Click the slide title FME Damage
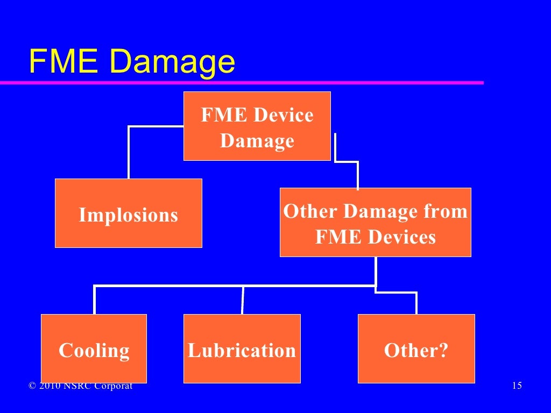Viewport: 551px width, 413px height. (x=132, y=62)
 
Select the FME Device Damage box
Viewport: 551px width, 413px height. (x=257, y=126)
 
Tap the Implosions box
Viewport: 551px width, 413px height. (x=128, y=213)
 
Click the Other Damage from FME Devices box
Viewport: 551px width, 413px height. (x=375, y=223)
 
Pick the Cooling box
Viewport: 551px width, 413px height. (x=94, y=349)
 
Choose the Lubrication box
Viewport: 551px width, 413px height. (x=242, y=349)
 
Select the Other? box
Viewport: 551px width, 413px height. (x=416, y=349)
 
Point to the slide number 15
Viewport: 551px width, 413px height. (x=517, y=386)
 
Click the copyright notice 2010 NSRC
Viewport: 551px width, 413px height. (x=81, y=386)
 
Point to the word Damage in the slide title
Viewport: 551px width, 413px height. (x=171, y=62)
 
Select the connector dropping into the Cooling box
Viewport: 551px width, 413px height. (x=95, y=300)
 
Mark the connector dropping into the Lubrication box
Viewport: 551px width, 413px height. (x=243, y=300)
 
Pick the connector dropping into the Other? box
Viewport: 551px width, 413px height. (x=416, y=302)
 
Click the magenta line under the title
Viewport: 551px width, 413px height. (x=242, y=83)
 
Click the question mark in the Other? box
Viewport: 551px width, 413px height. (x=443, y=350)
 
